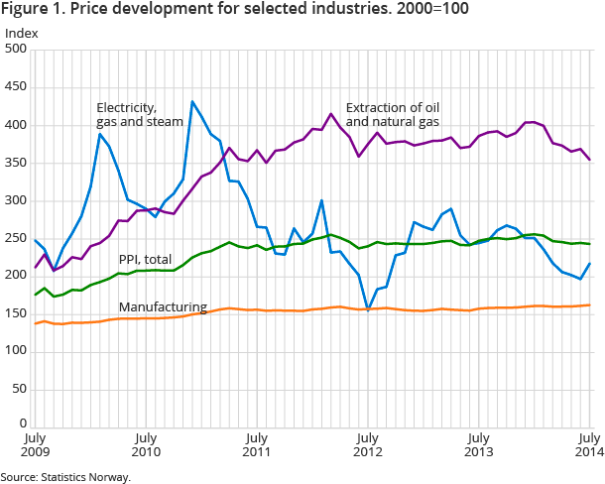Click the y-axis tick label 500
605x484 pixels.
[x=17, y=50]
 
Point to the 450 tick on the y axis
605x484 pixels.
[x=17, y=87]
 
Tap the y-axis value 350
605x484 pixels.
[x=17, y=163]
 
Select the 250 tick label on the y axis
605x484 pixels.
[x=17, y=238]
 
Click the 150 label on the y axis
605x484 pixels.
[x=17, y=313]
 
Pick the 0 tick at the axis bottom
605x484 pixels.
[x=23, y=424]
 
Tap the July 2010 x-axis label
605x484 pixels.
[x=146, y=444]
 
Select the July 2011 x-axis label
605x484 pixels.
[x=257, y=444]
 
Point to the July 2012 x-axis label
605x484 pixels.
[x=368, y=444]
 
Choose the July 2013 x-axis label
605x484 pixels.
[x=479, y=444]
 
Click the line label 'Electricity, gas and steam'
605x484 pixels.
[x=140, y=115]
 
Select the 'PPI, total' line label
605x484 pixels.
[x=145, y=259]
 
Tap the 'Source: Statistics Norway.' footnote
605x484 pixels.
[x=65, y=477]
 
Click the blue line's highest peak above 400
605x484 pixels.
[x=191, y=101]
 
